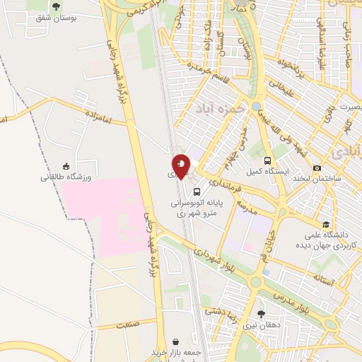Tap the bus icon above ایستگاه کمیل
click(x=268, y=160)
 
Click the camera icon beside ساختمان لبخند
click(x=317, y=168)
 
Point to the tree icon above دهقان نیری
click(x=261, y=314)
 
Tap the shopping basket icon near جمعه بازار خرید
click(x=175, y=341)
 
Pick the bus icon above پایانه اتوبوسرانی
click(x=196, y=191)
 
